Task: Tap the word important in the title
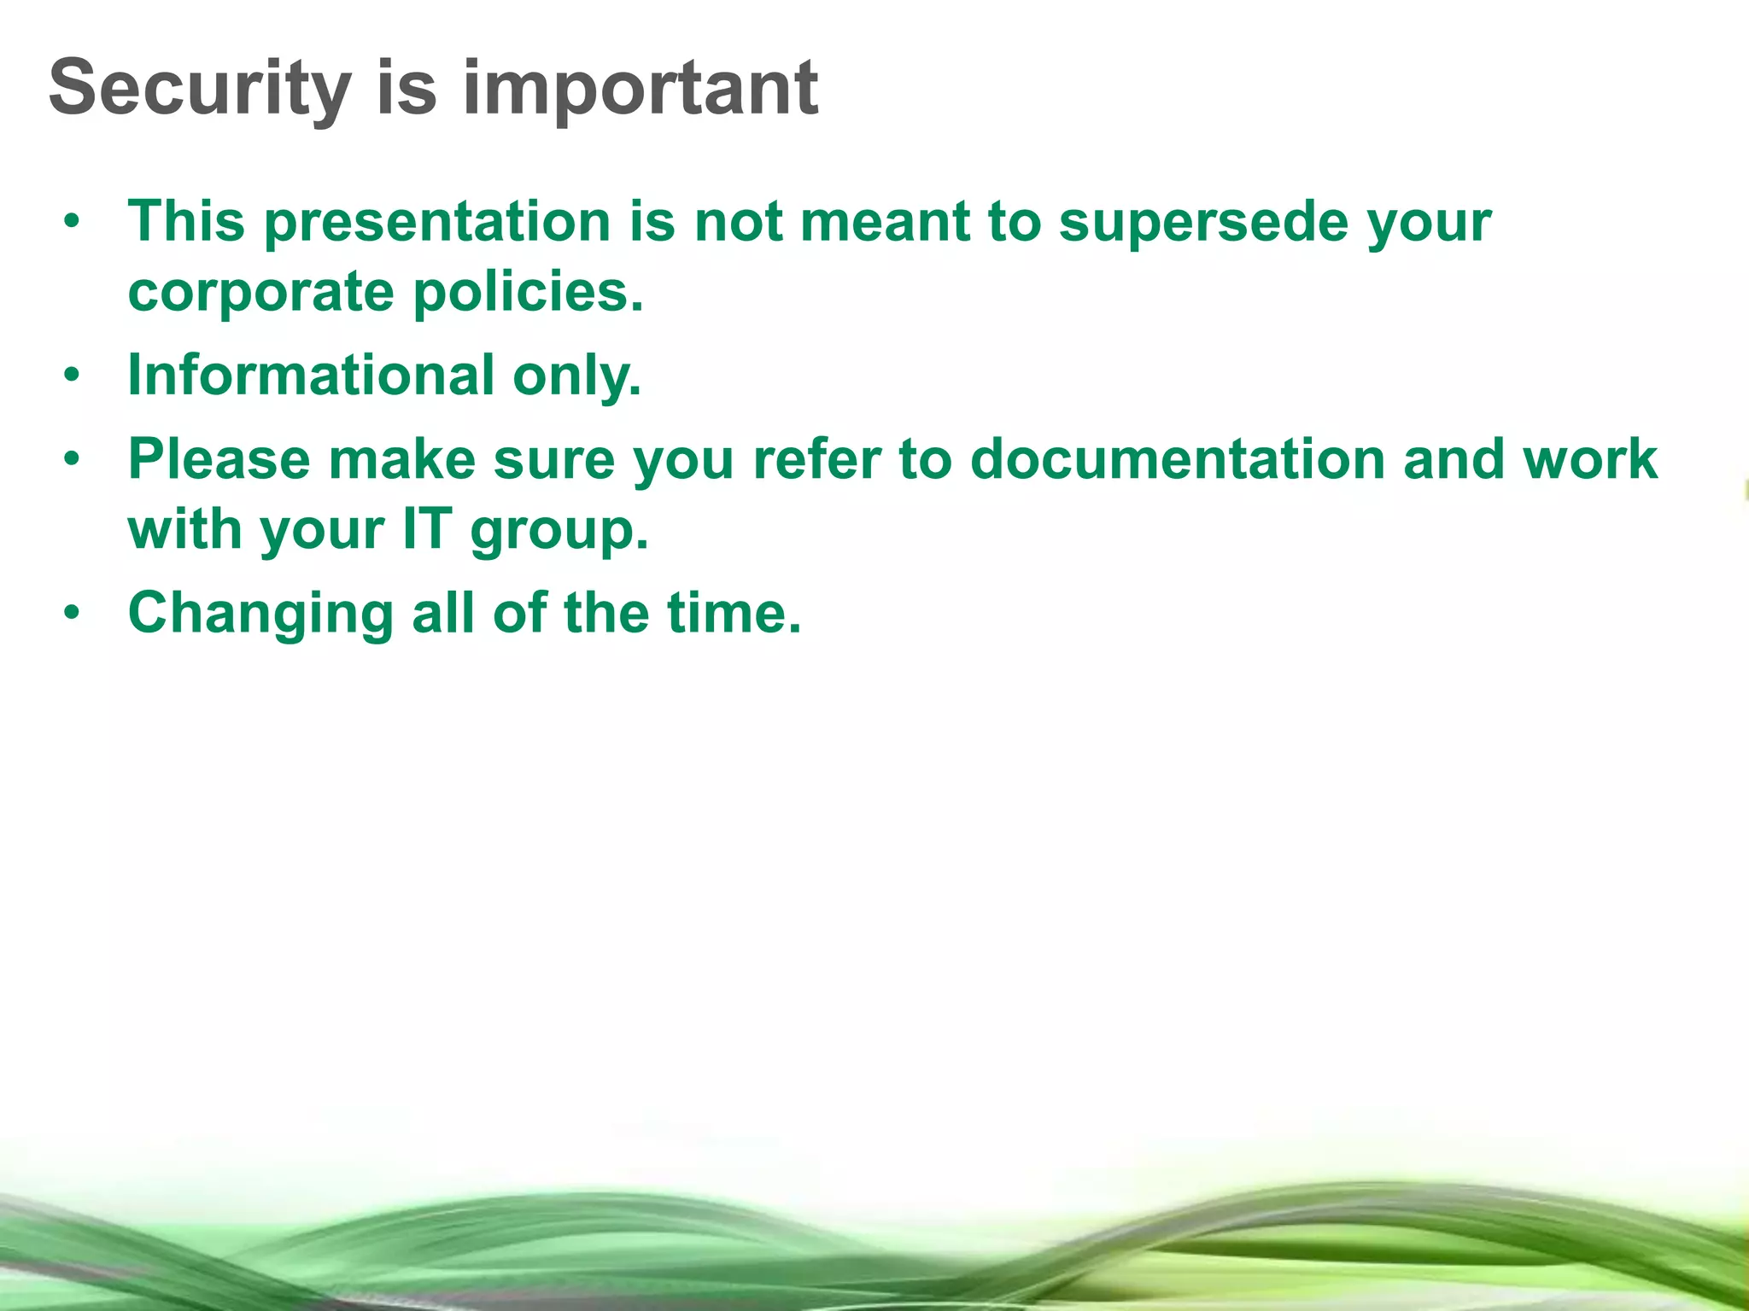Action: tap(640, 89)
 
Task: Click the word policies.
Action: tap(528, 292)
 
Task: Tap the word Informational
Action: tap(311, 376)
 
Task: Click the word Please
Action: tap(219, 459)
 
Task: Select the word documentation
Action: tap(1177, 459)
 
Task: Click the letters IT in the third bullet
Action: tap(426, 529)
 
